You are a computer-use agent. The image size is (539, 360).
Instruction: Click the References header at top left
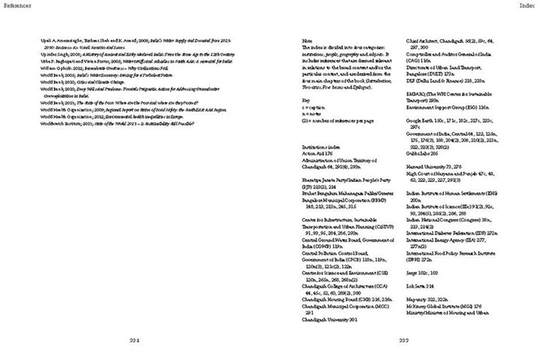tap(15, 5)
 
